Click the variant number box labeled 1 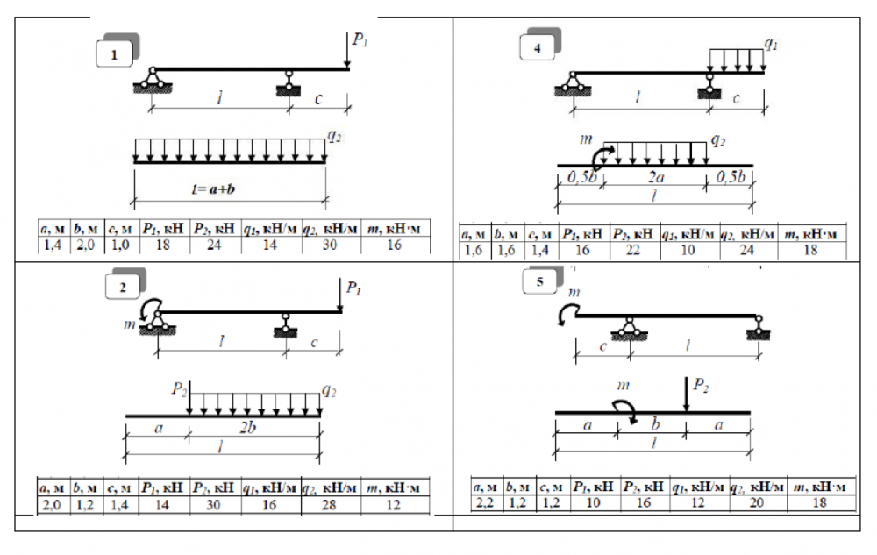114,54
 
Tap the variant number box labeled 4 537,47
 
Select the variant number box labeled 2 123,287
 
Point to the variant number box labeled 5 539,281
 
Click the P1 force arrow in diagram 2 340,295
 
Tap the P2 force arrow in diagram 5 687,395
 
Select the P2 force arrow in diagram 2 189,398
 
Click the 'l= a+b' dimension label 213,189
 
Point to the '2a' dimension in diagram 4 655,177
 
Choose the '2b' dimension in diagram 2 248,428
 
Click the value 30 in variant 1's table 330,245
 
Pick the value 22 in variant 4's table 632,250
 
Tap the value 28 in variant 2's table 329,505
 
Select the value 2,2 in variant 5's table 484,502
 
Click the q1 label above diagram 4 771,44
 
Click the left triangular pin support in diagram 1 152,80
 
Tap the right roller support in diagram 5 759,328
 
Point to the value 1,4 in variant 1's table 53,245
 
